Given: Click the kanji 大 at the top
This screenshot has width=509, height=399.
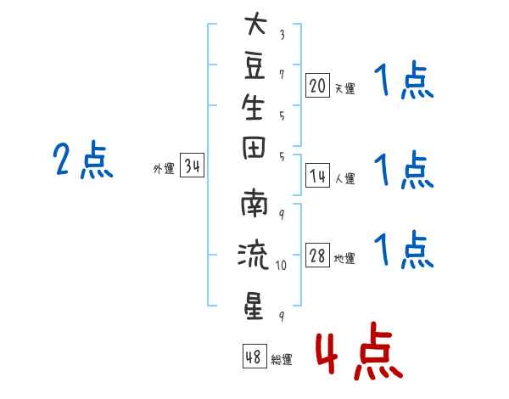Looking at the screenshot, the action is (x=256, y=23).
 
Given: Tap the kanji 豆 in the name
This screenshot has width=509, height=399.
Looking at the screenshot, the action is (x=255, y=66).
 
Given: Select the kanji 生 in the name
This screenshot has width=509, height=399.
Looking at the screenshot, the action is (x=253, y=107).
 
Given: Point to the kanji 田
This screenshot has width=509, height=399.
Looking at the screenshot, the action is (x=254, y=148).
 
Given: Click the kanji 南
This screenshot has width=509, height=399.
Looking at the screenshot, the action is (x=254, y=203).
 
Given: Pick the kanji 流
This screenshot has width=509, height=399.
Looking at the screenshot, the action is (x=253, y=256).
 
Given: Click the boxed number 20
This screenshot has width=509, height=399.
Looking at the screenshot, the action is (x=317, y=86).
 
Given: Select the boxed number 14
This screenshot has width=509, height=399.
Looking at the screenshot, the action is (x=317, y=176).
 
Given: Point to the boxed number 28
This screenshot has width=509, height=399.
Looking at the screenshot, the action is (x=317, y=255).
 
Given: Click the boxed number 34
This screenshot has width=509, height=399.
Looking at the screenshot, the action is (x=193, y=165).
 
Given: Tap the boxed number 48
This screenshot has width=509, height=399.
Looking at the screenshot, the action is (x=255, y=356).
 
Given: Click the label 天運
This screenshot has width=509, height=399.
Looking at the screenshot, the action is (x=345, y=88).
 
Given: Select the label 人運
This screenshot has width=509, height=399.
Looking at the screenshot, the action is (x=345, y=178).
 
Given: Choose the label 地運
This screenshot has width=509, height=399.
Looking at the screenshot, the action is (x=344, y=258).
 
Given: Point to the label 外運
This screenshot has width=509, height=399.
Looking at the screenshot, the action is (x=164, y=169).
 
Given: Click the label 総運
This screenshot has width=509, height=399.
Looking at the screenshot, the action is (x=282, y=359).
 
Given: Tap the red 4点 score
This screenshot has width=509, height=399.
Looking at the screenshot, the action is (x=359, y=351).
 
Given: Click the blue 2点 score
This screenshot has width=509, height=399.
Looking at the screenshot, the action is (x=83, y=160).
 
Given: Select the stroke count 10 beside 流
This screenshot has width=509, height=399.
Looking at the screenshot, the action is (x=281, y=266).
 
